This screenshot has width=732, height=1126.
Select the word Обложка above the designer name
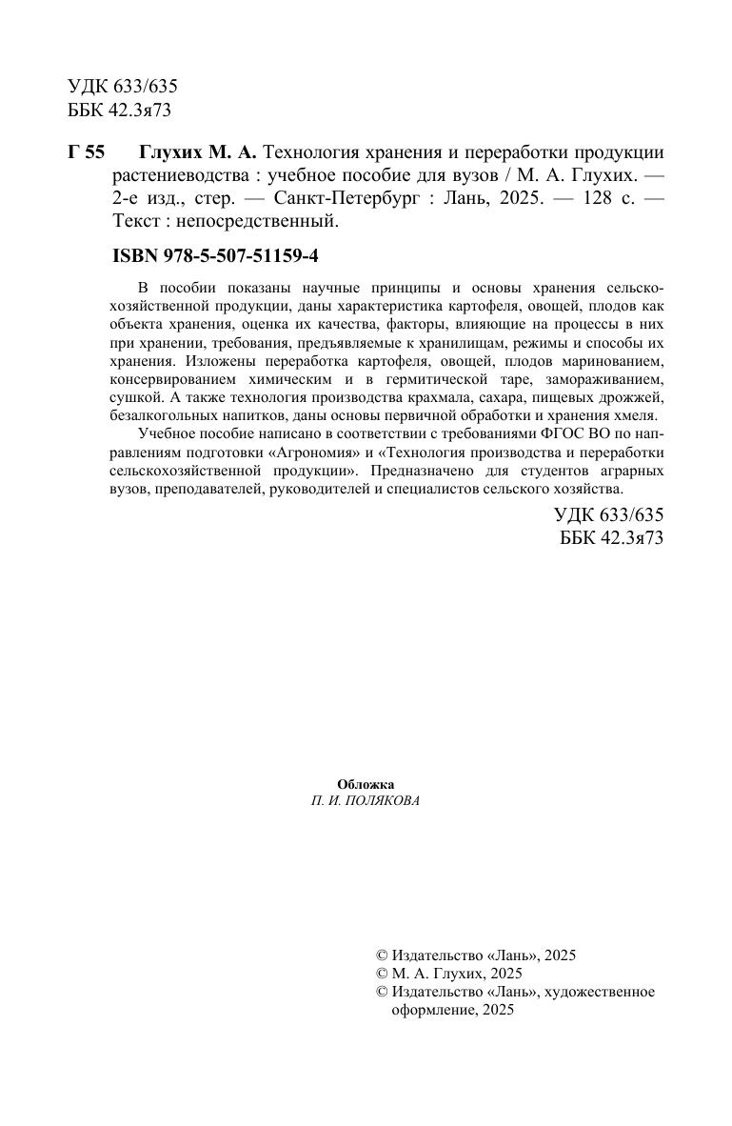pyautogui.click(x=366, y=783)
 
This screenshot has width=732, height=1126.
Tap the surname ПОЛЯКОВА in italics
pyautogui.click(x=380, y=801)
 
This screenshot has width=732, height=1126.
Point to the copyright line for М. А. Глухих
pyautogui.click(x=450, y=974)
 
